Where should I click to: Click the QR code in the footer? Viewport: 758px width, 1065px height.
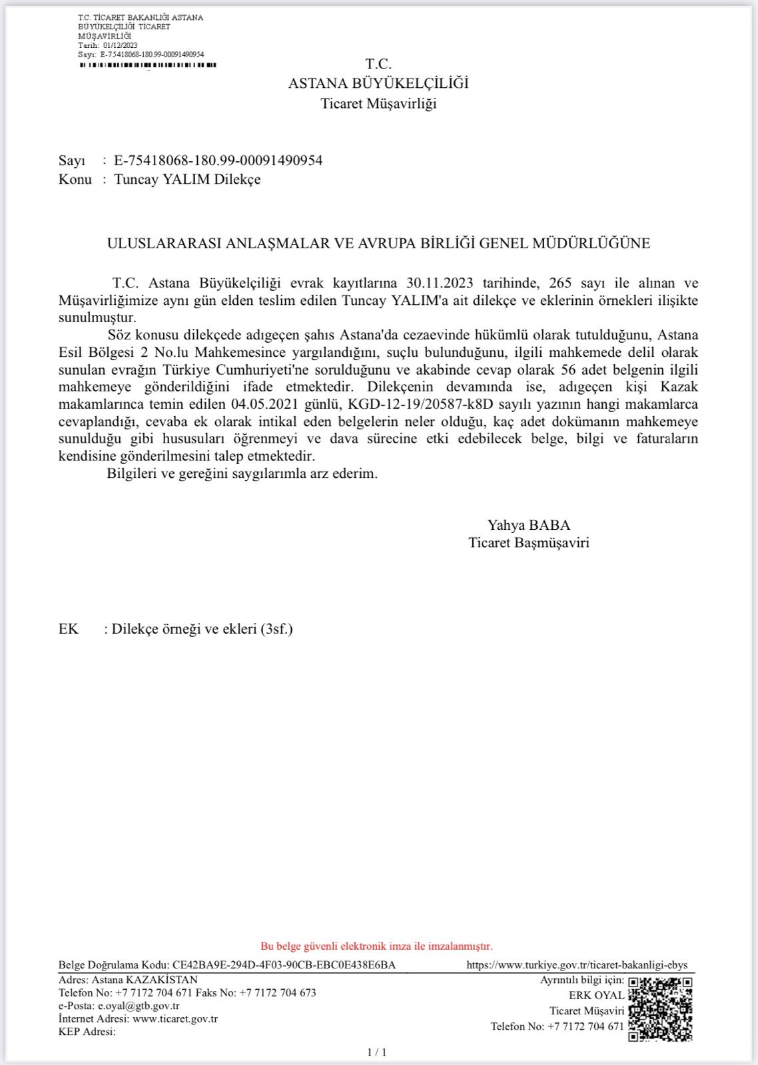tap(661, 1009)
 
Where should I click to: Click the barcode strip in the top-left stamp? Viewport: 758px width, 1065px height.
tap(148, 65)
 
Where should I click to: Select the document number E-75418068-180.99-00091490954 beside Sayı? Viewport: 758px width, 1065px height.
tap(218, 160)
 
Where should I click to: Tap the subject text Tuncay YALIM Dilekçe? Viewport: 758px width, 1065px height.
tap(187, 179)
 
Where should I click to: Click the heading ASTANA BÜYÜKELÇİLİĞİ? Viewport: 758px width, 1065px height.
tap(378, 83)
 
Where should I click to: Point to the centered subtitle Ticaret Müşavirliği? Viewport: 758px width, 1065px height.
tap(378, 103)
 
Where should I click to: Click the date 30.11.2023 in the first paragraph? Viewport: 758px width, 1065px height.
tap(440, 282)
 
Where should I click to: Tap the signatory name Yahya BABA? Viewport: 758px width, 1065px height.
tap(529, 525)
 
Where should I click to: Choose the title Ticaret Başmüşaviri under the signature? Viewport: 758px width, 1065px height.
tap(529, 542)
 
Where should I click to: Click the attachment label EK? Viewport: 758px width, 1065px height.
tap(69, 628)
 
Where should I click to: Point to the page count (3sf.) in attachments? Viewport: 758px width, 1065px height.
tap(276, 628)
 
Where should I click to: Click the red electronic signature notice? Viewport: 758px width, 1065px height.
tap(376, 946)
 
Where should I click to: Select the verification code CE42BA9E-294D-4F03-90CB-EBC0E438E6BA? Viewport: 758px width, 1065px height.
tap(284, 964)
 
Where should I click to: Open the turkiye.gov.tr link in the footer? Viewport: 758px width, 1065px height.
tap(577, 964)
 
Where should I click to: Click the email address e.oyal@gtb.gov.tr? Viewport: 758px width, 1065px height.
tap(139, 1006)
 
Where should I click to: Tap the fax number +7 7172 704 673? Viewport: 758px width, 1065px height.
tap(278, 992)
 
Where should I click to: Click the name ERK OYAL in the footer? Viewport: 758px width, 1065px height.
tap(596, 995)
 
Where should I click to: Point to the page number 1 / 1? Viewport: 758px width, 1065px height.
tap(377, 1052)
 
